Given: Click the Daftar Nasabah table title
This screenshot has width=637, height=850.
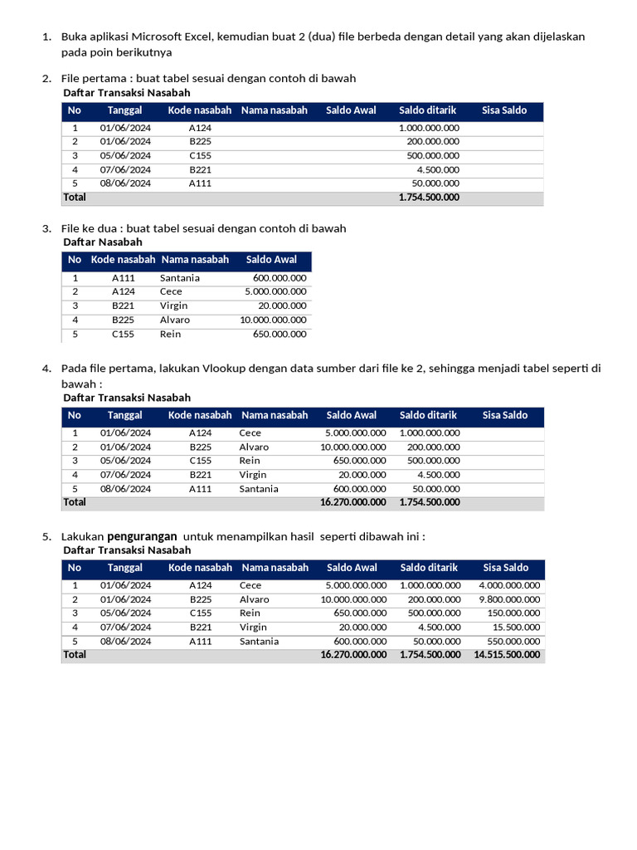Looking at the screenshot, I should [103, 242].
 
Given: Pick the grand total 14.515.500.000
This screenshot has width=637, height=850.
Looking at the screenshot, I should [507, 655].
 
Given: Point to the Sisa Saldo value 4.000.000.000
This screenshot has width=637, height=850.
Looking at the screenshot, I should [509, 585].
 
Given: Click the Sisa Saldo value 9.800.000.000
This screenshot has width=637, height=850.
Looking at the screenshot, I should [509, 599].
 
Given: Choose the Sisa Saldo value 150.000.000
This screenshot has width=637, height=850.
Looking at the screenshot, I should [513, 613].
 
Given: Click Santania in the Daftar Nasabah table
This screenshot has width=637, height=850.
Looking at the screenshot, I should [179, 278].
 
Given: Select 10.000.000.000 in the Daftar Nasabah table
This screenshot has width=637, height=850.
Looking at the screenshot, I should [273, 320].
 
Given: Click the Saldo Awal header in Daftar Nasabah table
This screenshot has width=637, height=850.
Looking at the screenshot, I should [271, 260].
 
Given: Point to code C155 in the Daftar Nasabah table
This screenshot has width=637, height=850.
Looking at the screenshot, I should [124, 334].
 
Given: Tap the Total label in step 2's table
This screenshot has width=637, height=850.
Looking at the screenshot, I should [75, 198].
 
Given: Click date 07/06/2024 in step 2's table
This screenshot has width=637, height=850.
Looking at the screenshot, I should [125, 169].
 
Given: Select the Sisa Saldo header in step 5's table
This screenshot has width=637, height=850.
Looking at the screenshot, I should [505, 568].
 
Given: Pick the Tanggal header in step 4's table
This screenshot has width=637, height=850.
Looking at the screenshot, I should [124, 415].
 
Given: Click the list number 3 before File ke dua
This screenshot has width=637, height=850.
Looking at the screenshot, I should [46, 228].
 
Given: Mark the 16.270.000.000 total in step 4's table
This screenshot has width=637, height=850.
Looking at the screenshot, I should [353, 502].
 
